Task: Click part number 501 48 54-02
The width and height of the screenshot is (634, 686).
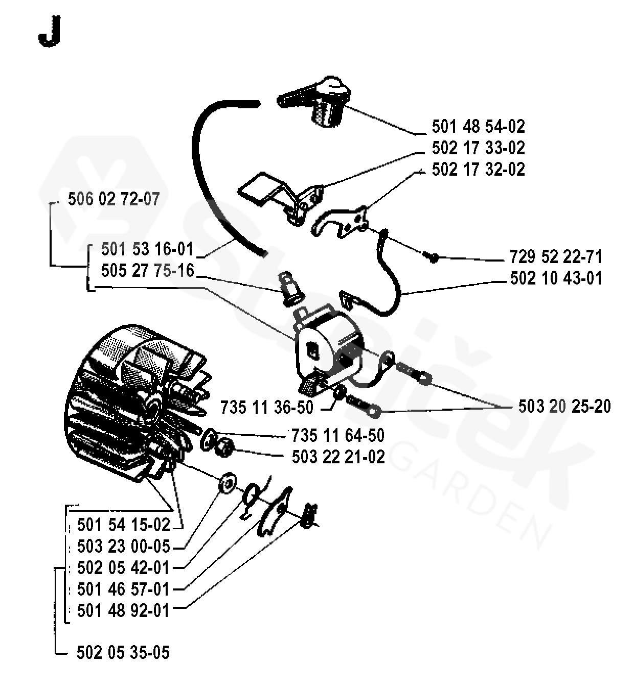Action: click(478, 126)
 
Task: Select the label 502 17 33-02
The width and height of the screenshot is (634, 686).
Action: click(478, 148)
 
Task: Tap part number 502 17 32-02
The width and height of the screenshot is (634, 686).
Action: click(478, 169)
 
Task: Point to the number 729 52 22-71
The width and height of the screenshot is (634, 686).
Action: click(556, 256)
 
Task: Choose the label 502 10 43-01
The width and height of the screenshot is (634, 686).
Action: click(556, 278)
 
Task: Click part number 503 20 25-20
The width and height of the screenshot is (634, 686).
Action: click(564, 407)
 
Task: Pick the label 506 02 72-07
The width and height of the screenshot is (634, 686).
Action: click(114, 199)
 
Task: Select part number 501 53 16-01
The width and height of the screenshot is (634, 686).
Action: click(147, 249)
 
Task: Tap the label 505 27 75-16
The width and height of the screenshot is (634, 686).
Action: click(147, 270)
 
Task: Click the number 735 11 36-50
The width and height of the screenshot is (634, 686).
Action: click(266, 408)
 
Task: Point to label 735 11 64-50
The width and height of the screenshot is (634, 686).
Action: click(338, 435)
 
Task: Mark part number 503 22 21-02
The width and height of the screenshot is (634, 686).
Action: click(338, 456)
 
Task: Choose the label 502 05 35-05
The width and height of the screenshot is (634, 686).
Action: click(123, 652)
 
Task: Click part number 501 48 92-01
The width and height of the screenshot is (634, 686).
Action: click(123, 610)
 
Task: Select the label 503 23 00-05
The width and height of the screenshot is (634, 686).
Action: click(123, 546)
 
